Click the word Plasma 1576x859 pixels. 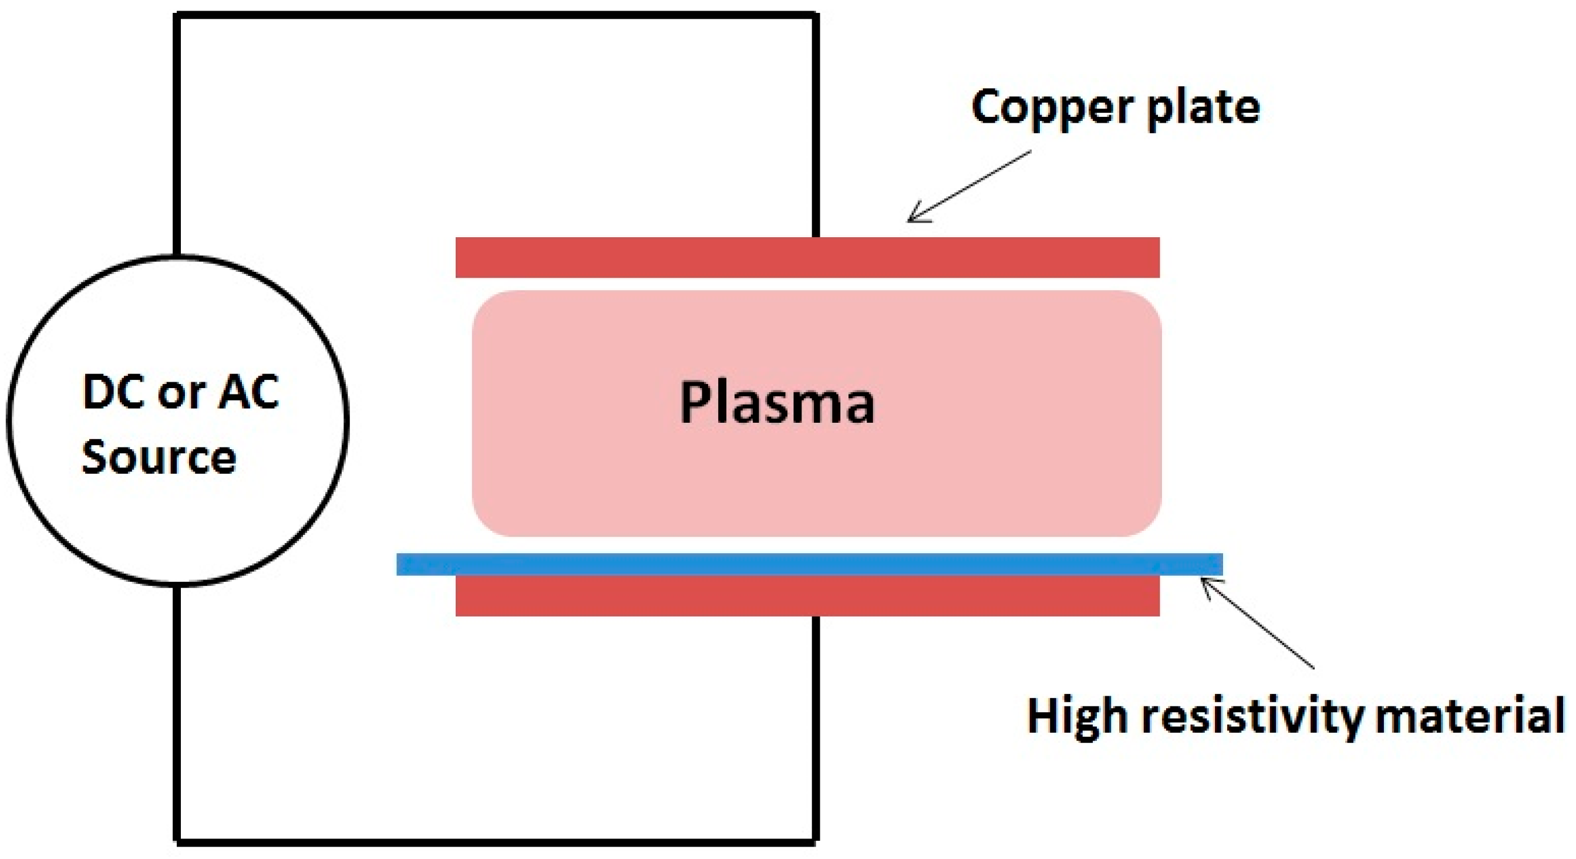(x=777, y=403)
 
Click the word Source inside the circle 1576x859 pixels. (x=159, y=457)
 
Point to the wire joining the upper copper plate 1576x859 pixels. (x=816, y=122)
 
